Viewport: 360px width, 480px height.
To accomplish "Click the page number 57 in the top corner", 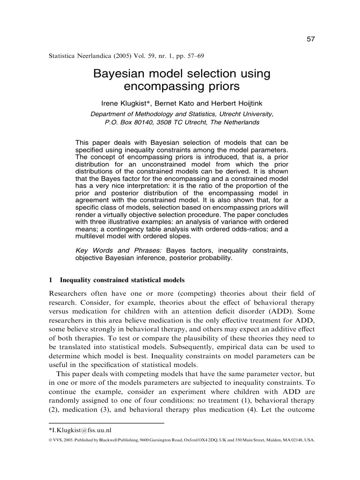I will tap(310, 39).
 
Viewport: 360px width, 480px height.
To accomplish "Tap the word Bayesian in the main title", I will tap(118, 74).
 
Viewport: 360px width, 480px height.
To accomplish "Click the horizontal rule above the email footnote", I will tap(106, 423).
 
